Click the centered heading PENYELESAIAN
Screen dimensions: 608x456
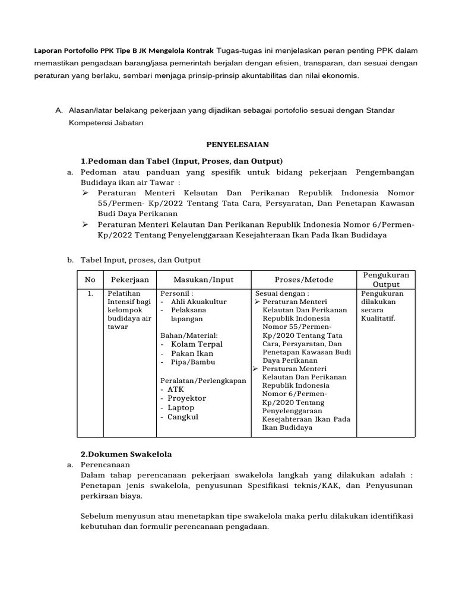[x=237, y=144]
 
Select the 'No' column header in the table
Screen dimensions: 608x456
[x=90, y=280]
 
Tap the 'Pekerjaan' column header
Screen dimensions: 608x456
[x=129, y=280]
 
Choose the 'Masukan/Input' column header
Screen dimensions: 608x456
[x=204, y=280]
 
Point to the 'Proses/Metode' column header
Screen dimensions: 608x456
[x=304, y=280]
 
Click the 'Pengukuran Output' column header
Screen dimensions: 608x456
[x=386, y=280]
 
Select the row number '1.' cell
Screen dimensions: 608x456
[x=90, y=293]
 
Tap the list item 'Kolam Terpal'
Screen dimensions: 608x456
[x=197, y=344]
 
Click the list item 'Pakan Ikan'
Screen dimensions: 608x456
[x=192, y=353]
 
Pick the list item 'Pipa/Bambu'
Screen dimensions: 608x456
[x=193, y=362]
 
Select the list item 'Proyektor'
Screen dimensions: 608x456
[x=186, y=398]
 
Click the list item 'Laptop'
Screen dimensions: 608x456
[x=180, y=408]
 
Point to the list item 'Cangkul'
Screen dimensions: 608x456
[x=183, y=417]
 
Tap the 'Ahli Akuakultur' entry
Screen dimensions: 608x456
[x=198, y=302]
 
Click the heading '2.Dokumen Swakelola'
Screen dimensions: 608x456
[x=126, y=454]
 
